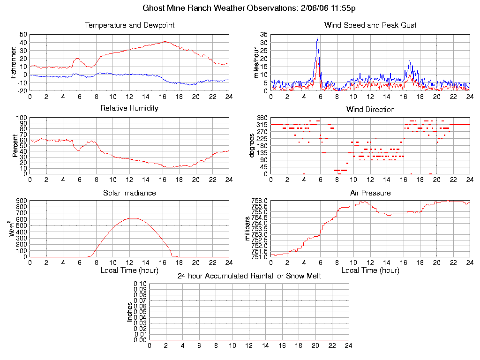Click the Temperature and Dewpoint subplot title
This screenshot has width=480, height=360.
point(129,25)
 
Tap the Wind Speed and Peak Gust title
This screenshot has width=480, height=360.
point(370,25)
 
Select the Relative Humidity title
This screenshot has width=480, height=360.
point(129,108)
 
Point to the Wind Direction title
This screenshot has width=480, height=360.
point(370,109)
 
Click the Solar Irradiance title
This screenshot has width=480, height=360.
point(129,193)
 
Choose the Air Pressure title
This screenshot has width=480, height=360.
point(370,193)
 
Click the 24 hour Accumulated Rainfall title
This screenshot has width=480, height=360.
point(249,276)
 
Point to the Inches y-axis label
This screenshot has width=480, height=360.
point(130,312)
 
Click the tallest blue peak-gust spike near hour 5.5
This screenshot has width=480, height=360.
point(317,38)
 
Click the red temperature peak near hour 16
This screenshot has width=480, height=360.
point(164,41)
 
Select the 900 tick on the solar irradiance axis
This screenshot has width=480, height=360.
point(21,201)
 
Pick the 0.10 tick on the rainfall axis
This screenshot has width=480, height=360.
point(140,284)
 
